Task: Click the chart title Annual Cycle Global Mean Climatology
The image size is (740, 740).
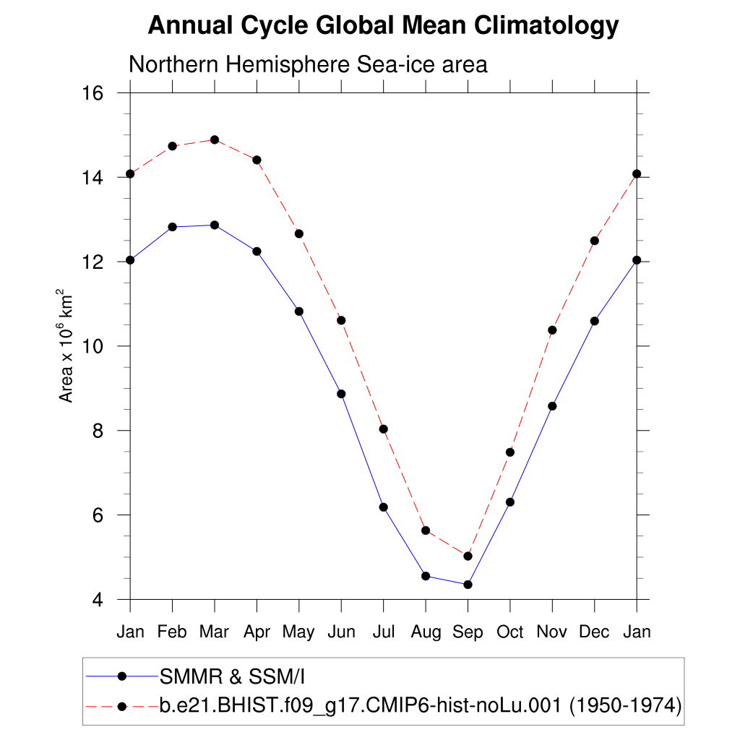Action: coord(383,26)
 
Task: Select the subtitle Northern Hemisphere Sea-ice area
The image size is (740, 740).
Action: coord(308,64)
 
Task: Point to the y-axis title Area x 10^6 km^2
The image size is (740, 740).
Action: coord(66,346)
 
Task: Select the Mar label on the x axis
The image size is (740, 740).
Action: coord(214,632)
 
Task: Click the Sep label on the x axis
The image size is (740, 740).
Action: coord(468,632)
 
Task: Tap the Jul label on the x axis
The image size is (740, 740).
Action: coord(383,632)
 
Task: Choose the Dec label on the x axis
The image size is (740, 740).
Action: coord(594,632)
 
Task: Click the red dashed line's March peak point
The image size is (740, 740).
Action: coord(215,139)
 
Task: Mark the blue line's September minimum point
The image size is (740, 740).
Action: coord(468,585)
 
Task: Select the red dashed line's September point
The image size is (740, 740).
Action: coord(468,556)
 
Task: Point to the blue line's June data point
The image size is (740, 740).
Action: coord(341,394)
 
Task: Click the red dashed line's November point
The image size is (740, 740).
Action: coord(552,330)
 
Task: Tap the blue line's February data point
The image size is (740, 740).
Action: coord(172,227)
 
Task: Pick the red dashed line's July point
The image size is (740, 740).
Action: coord(384,429)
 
